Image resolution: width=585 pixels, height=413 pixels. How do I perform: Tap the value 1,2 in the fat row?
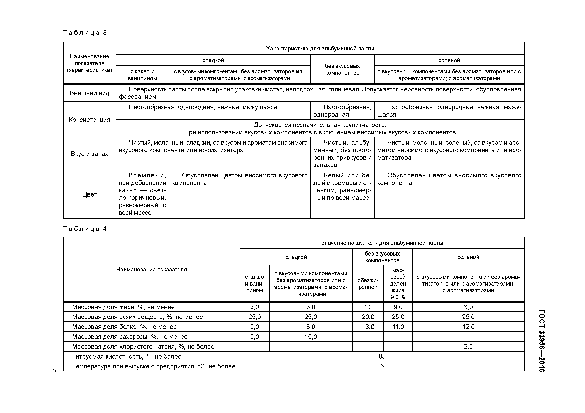368,307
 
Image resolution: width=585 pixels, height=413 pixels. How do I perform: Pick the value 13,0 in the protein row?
368,327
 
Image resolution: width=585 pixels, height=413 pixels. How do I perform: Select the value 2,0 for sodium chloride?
468,347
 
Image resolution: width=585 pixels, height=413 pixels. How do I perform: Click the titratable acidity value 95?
382,357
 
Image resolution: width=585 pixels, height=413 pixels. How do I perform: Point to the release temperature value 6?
382,366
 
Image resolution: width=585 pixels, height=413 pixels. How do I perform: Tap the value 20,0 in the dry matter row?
368,317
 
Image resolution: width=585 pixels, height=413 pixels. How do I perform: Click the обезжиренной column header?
368,284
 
